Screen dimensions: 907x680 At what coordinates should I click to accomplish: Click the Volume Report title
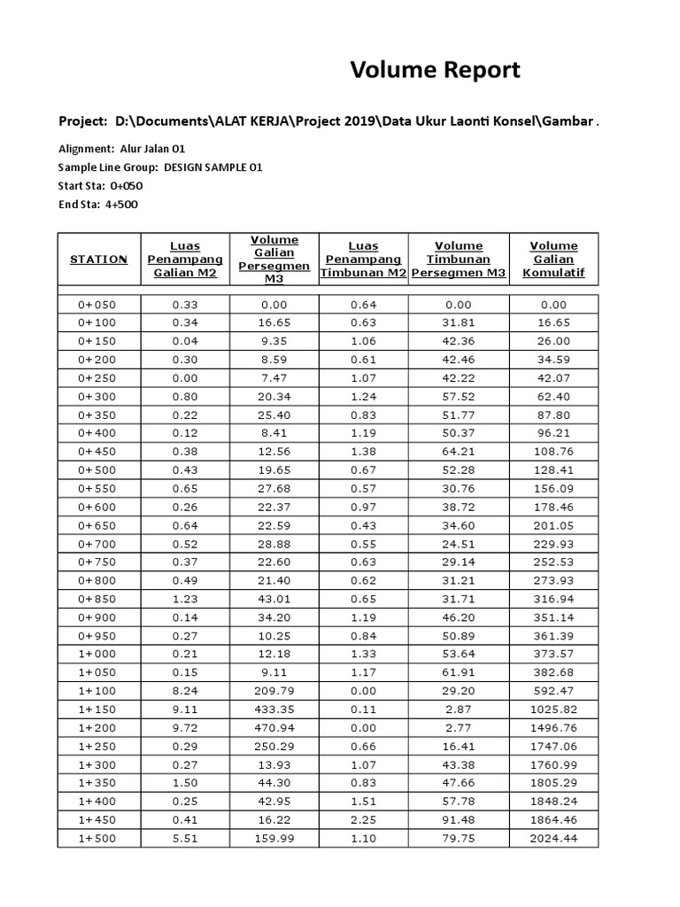click(435, 71)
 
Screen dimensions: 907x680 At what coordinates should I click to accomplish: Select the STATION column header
click(98, 260)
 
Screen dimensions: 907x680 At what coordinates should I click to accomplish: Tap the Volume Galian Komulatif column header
click(553, 260)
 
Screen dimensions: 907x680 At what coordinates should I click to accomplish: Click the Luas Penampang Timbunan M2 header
click(363, 260)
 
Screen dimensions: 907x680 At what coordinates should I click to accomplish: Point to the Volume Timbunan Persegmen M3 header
click(458, 260)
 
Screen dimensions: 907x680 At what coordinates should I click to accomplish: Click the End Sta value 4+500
click(123, 205)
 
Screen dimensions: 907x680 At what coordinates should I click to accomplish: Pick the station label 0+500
click(97, 469)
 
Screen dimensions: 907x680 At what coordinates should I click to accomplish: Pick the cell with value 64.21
click(458, 451)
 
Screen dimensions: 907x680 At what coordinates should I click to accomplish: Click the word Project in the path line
click(81, 120)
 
